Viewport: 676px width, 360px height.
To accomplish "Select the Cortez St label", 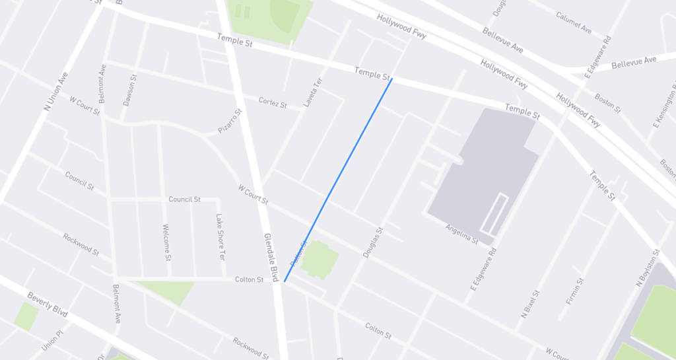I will (x=273, y=102).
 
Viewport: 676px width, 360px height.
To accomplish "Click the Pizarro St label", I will (x=230, y=121).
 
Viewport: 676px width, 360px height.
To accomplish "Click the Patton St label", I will (x=298, y=254).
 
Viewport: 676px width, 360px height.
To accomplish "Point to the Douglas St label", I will (x=373, y=242).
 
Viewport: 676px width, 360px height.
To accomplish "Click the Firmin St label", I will (x=575, y=291).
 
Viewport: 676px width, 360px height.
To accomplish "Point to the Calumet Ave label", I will (x=573, y=23).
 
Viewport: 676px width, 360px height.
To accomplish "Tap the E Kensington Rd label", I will (x=664, y=105).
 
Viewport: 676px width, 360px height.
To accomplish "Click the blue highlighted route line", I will (x=338, y=180).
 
